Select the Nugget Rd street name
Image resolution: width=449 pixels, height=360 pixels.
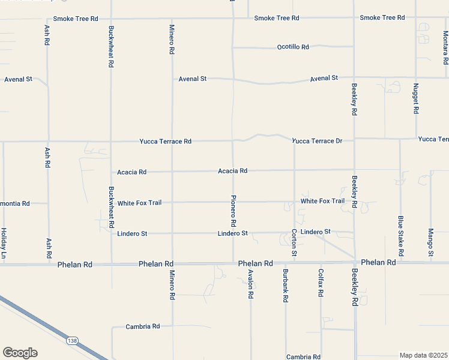[x=415, y=99]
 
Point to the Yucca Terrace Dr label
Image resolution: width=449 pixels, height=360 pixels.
[x=317, y=141]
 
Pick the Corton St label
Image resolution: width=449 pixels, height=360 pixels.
[x=294, y=243]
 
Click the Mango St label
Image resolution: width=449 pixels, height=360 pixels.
[x=431, y=242]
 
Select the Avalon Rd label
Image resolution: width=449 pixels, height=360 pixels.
[x=251, y=285]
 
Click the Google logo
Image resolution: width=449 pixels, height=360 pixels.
[x=20, y=353]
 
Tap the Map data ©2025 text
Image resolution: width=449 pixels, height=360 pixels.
[x=423, y=355]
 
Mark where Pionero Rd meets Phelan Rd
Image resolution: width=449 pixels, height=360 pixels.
[x=234, y=263]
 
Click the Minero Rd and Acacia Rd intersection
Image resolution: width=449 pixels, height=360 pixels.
[x=172, y=172]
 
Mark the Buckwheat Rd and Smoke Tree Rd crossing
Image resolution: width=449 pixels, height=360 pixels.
[x=111, y=19]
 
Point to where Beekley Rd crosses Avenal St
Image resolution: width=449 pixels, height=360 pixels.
[x=354, y=78]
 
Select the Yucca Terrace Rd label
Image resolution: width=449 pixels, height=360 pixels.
[x=165, y=142]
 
